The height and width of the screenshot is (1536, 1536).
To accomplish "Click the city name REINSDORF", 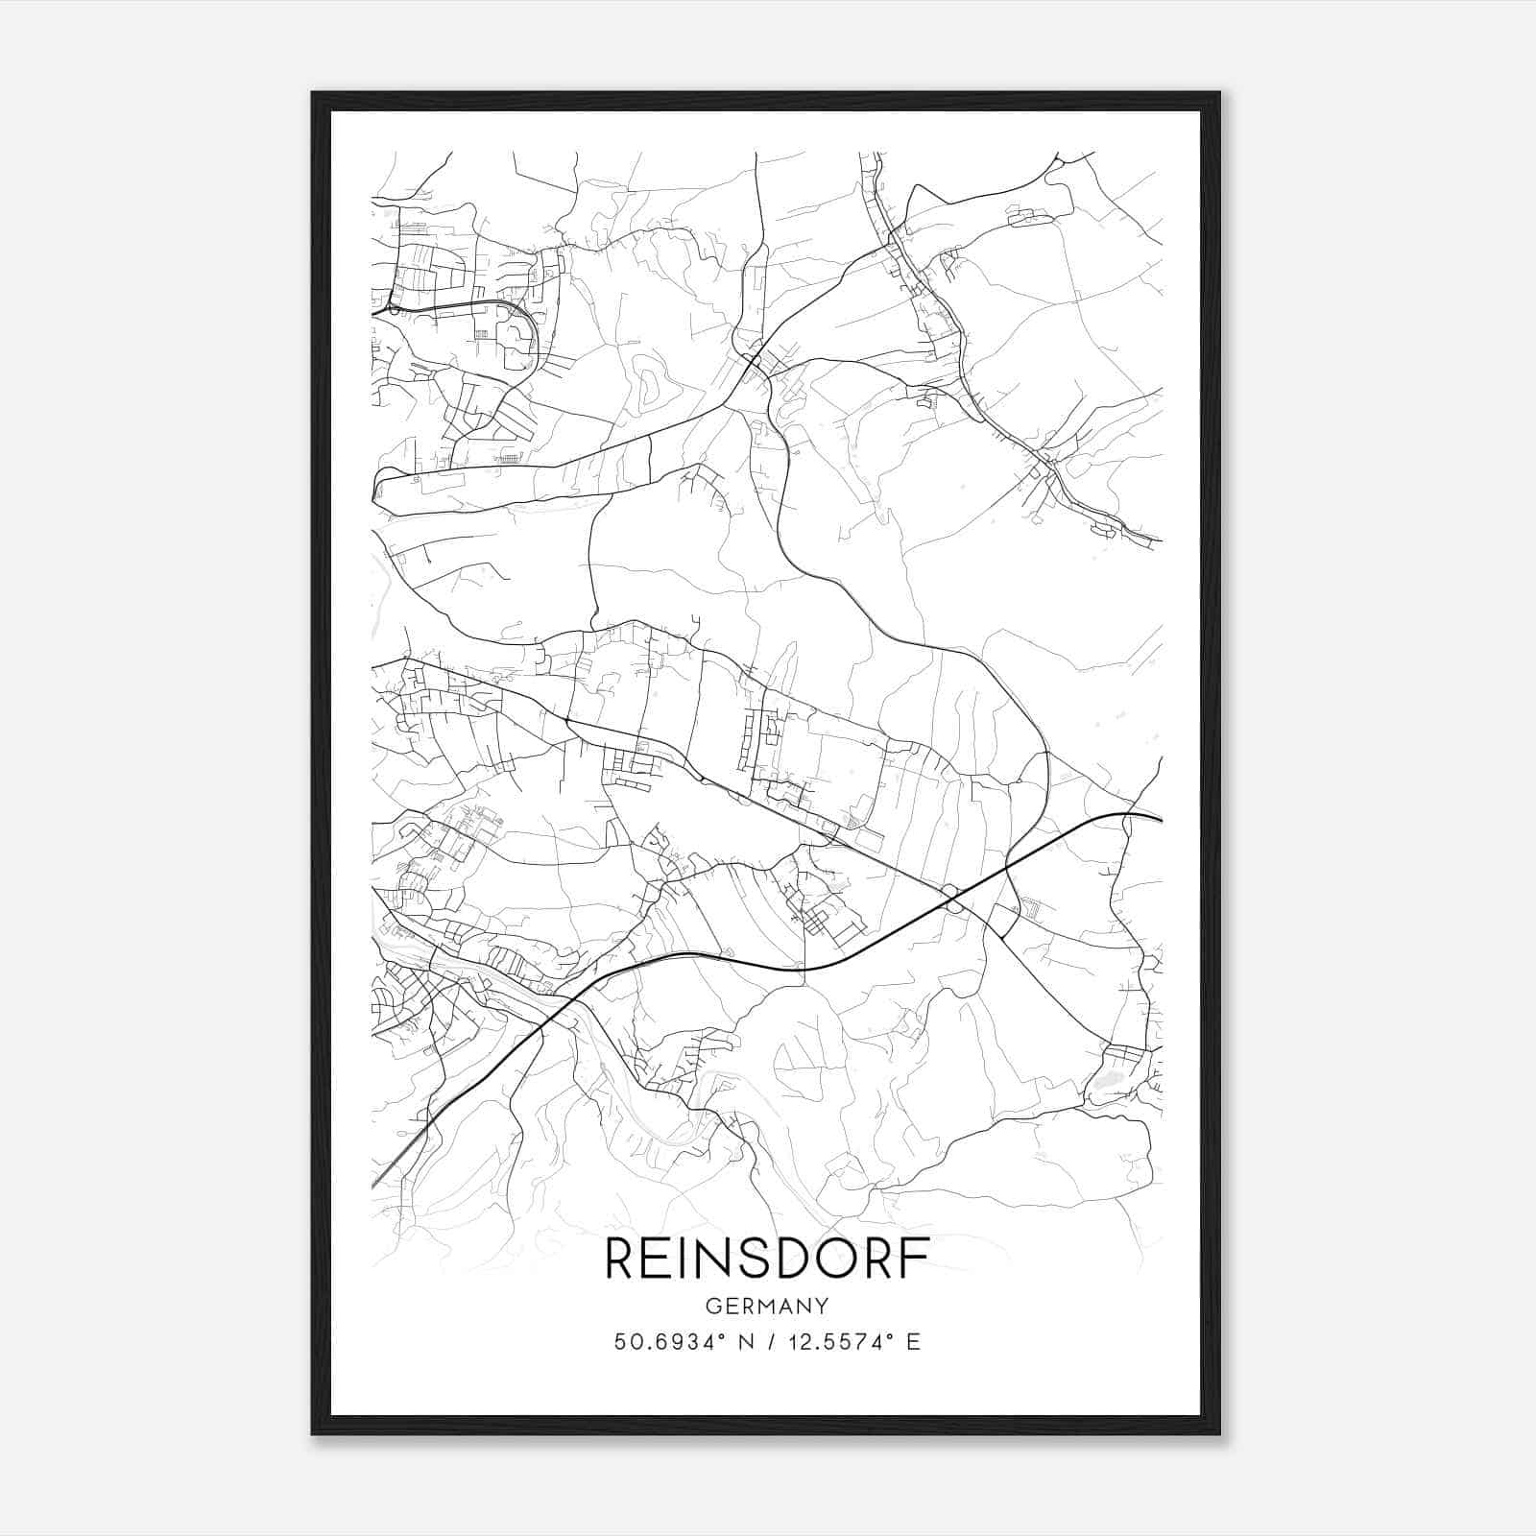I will [767, 1260].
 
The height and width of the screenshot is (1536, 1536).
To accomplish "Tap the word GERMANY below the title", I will [767, 1306].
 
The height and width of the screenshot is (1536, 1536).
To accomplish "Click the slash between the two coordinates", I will [769, 1342].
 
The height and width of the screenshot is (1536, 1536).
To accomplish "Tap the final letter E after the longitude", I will [913, 1342].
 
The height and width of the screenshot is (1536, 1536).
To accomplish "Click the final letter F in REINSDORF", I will [917, 1260].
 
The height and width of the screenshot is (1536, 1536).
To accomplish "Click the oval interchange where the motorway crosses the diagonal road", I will [952, 899].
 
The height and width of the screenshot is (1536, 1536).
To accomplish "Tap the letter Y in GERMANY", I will [822, 1306].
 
